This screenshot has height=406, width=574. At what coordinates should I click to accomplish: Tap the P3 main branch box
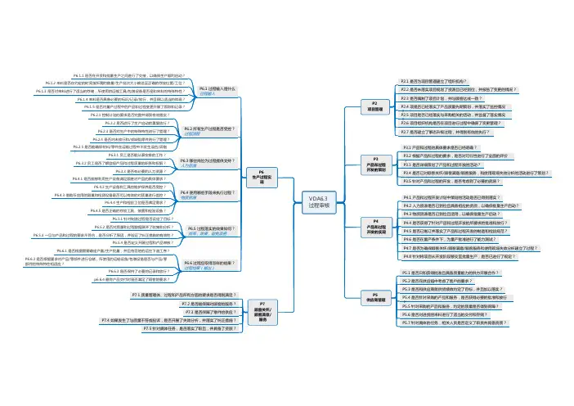pyautogui.click(x=377, y=164)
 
